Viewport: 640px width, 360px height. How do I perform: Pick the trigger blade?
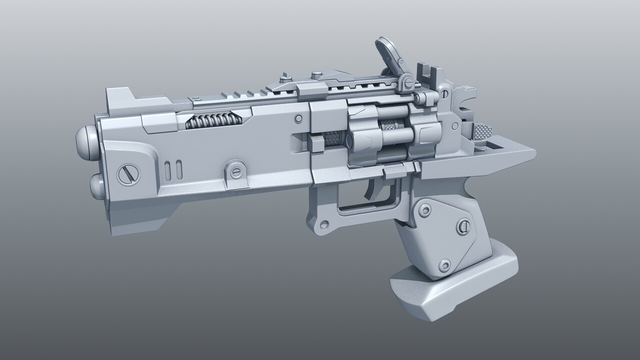click(x=372, y=187)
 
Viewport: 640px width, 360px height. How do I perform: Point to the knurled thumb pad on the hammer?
click(x=482, y=132)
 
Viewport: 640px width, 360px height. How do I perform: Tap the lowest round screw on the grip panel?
click(x=444, y=265)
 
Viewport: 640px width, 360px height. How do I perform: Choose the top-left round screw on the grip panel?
click(x=425, y=210)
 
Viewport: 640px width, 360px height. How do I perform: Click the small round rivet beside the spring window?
click(x=298, y=119)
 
